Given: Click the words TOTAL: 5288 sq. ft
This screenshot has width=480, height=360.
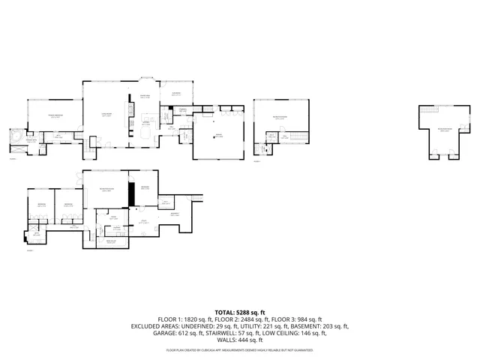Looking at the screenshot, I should [x=239, y=312].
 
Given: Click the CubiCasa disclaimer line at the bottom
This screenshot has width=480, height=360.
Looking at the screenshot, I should [x=239, y=350].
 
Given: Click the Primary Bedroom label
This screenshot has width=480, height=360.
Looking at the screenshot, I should [x=55, y=115].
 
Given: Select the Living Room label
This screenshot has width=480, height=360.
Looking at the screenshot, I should [x=107, y=115].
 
